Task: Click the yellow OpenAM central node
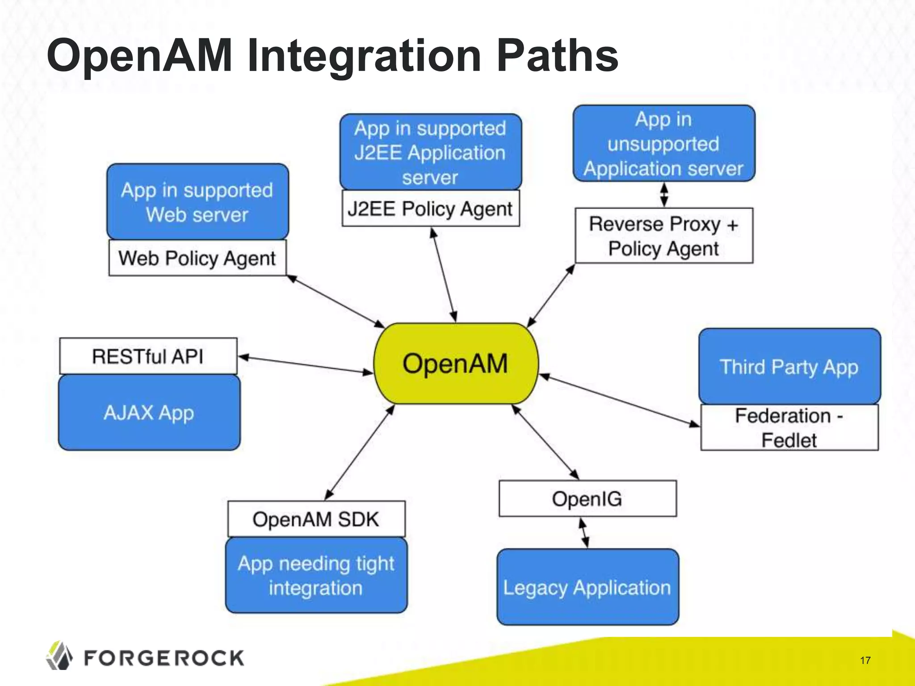456,364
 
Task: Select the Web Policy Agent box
197,258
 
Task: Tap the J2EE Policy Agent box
430,209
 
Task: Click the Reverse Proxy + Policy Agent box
664,236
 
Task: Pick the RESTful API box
148,356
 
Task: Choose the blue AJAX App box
149,413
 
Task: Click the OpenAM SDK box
316,519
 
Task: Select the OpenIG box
587,499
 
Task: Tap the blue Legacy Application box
587,587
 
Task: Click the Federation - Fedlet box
789,428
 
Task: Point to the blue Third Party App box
789,367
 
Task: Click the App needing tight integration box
316,575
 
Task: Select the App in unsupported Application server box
664,144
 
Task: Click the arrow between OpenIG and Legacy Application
584,533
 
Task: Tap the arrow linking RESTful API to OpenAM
306,364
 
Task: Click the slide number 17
865,661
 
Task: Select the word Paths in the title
557,56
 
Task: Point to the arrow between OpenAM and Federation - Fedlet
619,400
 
